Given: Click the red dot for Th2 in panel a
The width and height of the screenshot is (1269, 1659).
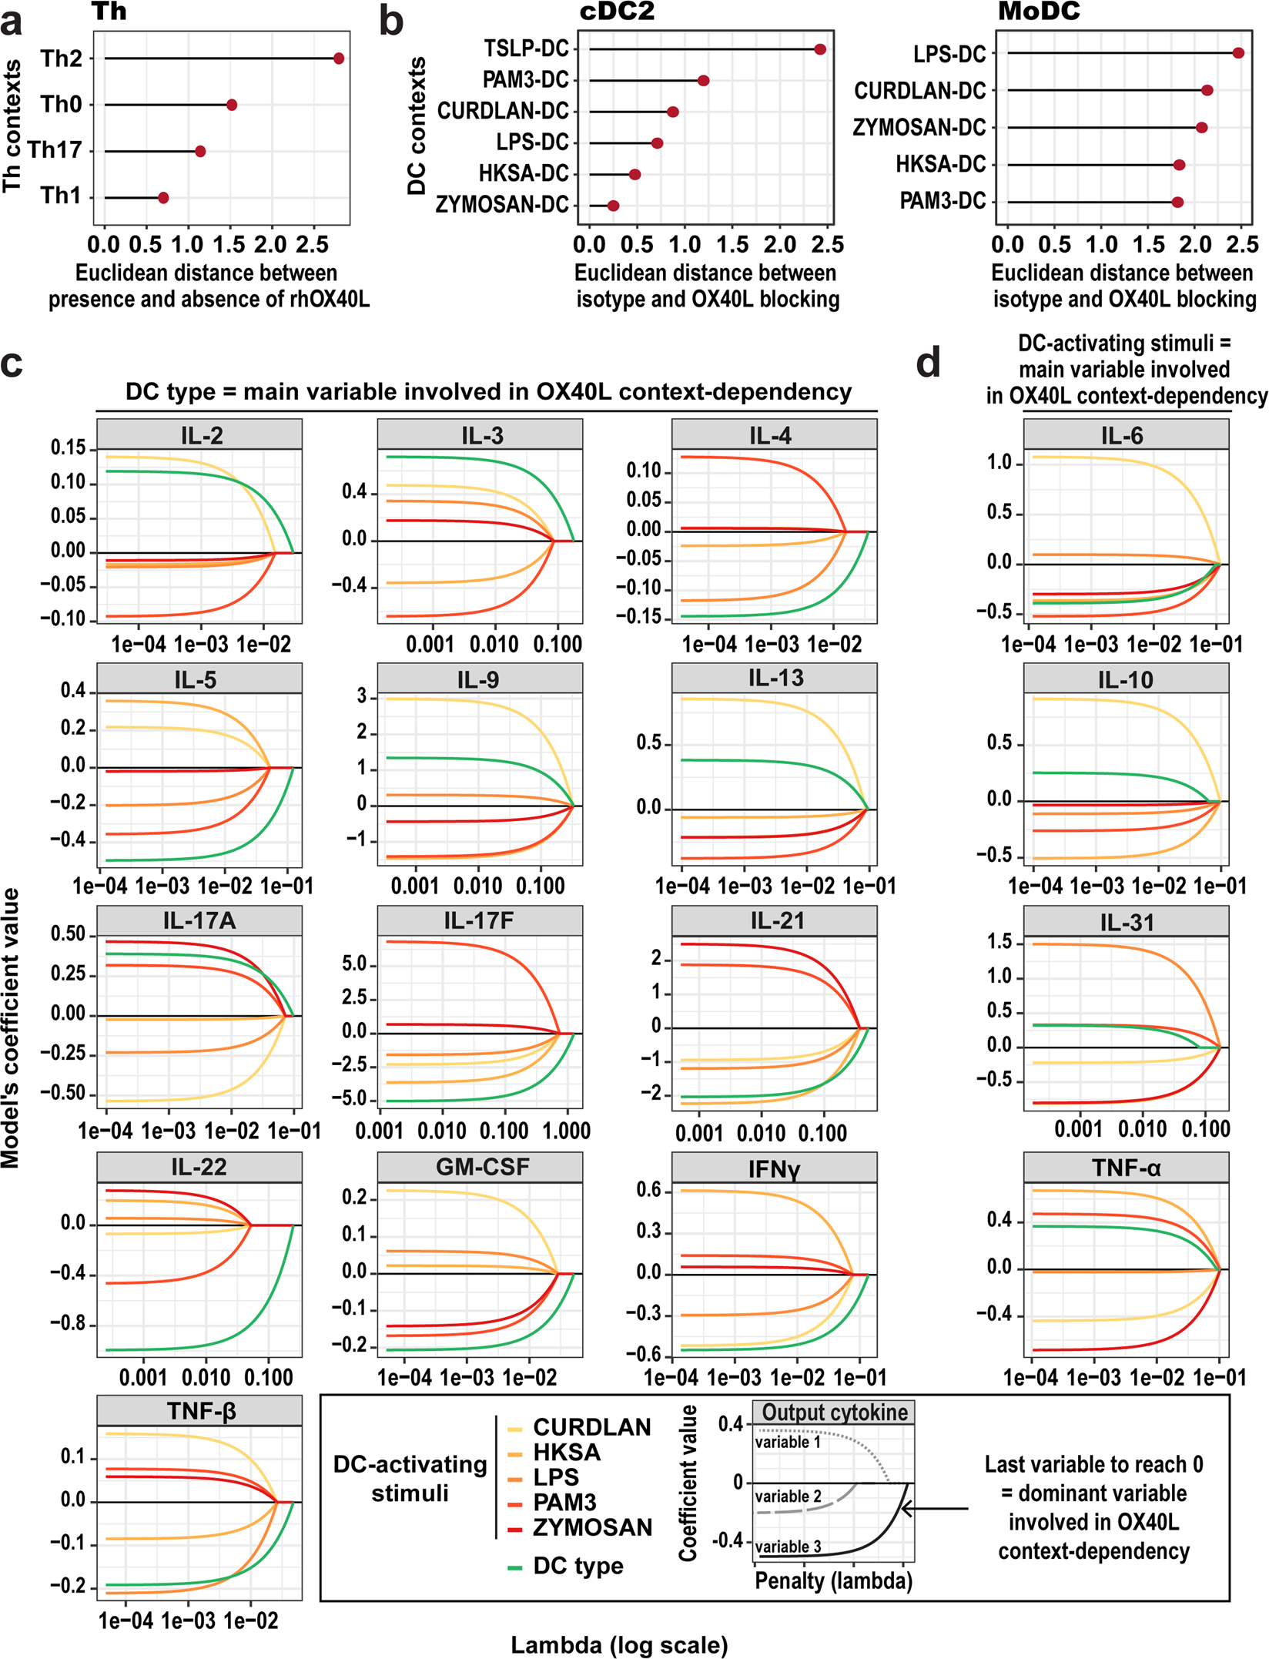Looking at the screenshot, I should pos(339,59).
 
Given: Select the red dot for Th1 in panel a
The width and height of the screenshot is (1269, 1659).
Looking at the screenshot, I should pos(163,198).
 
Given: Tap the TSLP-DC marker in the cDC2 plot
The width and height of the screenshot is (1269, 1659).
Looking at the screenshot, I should pos(820,49).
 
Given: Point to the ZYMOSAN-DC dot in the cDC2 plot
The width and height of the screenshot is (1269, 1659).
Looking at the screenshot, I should pos(613,206).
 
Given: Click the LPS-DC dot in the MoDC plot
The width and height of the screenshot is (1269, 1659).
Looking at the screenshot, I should pos(1238,53).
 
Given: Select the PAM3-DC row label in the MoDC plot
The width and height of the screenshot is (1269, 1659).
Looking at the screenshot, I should pos(943,201).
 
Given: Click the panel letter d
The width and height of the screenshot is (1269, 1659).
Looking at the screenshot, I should pos(928,362).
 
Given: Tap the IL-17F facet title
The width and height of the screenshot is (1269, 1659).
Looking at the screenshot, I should pos(479,921).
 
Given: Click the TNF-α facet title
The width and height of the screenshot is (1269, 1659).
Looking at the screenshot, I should pos(1126,1168).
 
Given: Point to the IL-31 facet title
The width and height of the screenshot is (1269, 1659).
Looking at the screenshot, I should pos(1126,923).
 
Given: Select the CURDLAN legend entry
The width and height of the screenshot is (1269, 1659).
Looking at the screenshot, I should pos(591,1427).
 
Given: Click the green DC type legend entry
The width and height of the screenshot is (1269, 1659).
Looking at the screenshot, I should pos(578,1566).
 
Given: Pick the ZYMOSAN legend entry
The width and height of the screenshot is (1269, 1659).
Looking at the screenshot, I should pos(592,1527).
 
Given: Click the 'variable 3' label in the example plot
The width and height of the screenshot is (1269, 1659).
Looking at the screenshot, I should pos(788,1547).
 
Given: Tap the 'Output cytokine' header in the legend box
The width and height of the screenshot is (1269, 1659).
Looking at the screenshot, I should pos(835,1413).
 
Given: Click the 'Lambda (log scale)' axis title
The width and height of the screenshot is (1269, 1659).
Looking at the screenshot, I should pos(619,1645).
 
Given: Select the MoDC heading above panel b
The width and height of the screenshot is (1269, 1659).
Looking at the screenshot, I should pos(1039,12).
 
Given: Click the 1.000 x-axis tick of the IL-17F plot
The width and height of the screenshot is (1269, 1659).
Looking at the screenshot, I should pos(567,1131).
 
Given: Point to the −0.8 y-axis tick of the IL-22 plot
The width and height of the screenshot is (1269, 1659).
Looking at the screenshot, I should pos(72,1325).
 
